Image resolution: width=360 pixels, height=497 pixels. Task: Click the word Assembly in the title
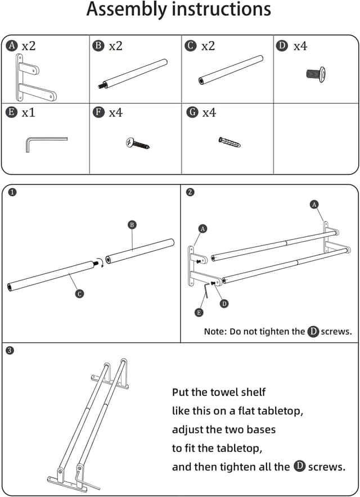click(x=126, y=10)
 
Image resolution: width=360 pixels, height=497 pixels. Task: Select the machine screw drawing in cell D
click(x=316, y=73)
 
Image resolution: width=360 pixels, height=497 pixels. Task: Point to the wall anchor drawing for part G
click(x=229, y=142)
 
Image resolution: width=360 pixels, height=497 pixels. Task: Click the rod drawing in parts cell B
click(x=134, y=73)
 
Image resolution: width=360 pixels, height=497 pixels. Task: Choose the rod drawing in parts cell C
click(x=231, y=70)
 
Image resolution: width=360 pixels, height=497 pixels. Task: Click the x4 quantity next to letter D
click(x=300, y=46)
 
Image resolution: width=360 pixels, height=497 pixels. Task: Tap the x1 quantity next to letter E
click(x=28, y=113)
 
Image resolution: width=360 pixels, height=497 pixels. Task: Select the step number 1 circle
click(x=12, y=192)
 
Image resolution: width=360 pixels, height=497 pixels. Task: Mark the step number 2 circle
click(x=190, y=192)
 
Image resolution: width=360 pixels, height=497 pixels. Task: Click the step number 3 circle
click(x=10, y=351)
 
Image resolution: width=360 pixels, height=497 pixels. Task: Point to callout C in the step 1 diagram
click(x=80, y=293)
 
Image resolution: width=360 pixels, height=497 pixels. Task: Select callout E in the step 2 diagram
click(x=199, y=313)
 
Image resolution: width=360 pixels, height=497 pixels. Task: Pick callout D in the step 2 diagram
click(x=224, y=304)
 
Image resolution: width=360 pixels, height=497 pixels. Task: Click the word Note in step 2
click(x=215, y=332)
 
